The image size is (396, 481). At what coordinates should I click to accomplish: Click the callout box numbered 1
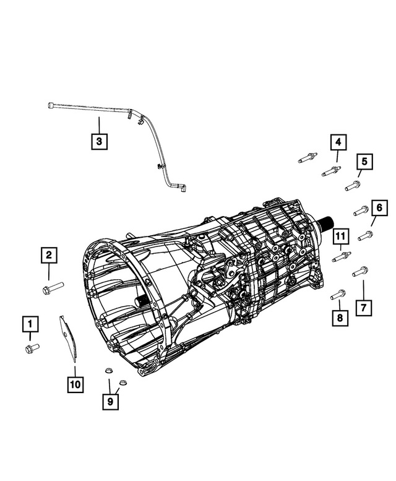[x=28, y=323]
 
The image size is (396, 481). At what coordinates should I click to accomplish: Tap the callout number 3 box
[x=99, y=142]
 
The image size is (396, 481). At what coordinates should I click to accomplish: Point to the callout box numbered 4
[x=338, y=143]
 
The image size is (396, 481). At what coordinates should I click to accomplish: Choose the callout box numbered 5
[x=364, y=162]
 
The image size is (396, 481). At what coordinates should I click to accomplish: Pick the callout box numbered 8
[x=339, y=318]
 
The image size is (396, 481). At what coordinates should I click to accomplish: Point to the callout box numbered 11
[x=339, y=235]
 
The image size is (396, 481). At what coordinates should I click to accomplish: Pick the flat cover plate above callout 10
[x=69, y=336]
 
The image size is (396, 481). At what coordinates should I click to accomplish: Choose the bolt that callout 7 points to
[x=360, y=272]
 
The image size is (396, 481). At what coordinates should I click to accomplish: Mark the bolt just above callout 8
[x=338, y=295]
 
